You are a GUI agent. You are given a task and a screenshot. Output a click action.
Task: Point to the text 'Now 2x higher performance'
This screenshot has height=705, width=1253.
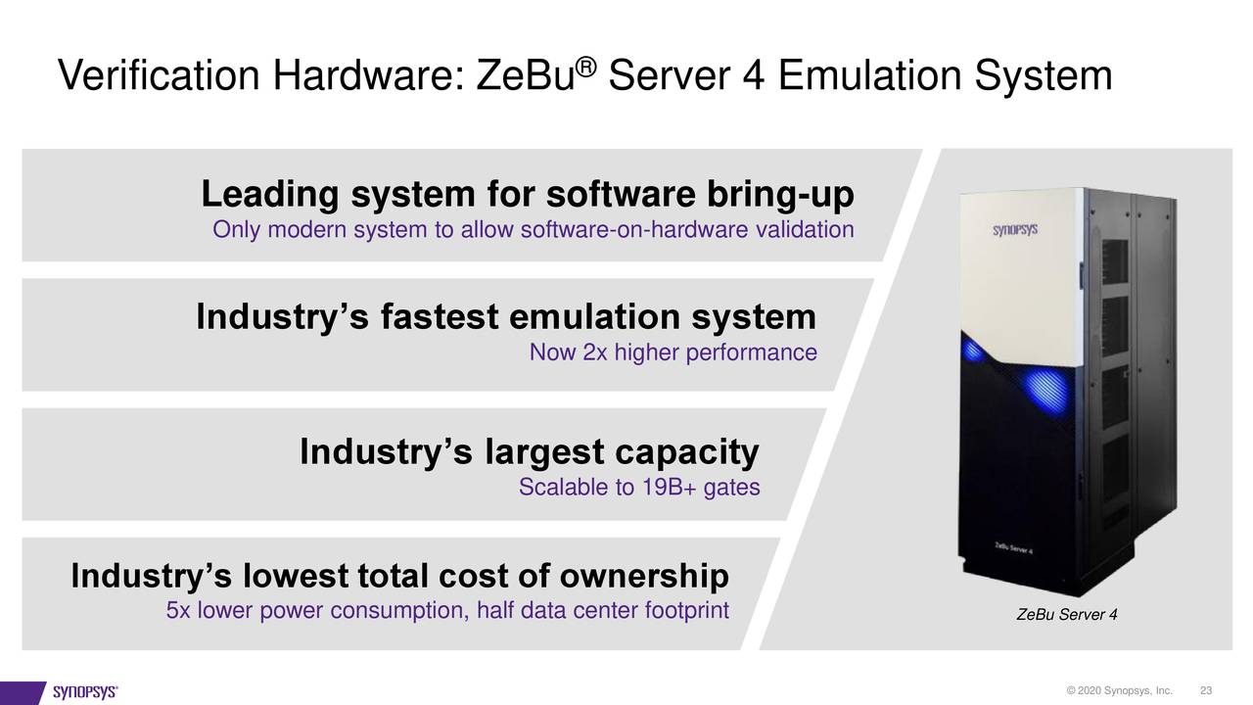pyautogui.click(x=673, y=352)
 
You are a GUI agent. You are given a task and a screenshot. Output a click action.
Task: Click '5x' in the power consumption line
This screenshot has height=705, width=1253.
pyautogui.click(x=178, y=612)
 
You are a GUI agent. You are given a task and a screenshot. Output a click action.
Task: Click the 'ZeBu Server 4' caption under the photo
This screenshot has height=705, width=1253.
pyautogui.click(x=1067, y=615)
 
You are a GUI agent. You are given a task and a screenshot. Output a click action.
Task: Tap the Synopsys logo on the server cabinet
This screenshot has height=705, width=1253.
pyautogui.click(x=1016, y=231)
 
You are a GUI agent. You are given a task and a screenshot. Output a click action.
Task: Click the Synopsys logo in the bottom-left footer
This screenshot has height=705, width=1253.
pyautogui.click(x=85, y=692)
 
